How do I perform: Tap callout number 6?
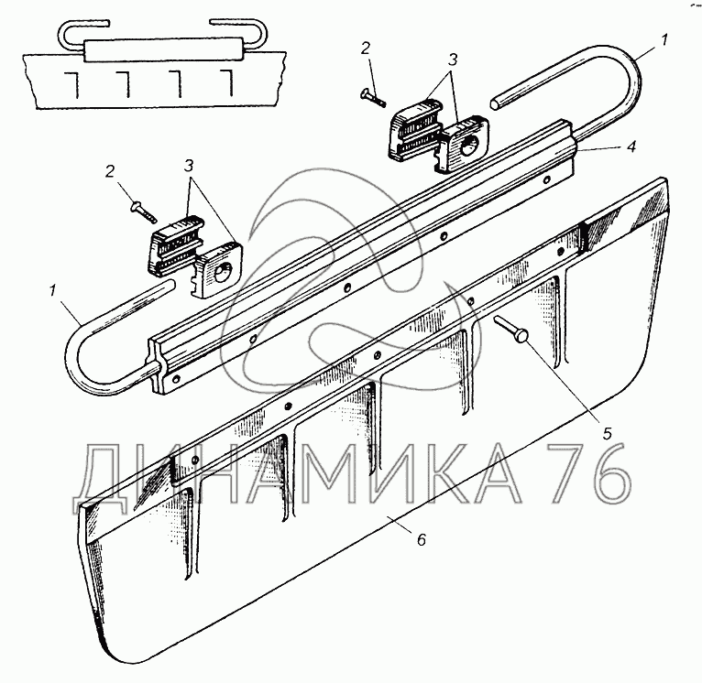click(x=421, y=539)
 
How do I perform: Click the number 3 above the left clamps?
click(x=189, y=166)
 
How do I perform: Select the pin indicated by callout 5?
click(x=510, y=329)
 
